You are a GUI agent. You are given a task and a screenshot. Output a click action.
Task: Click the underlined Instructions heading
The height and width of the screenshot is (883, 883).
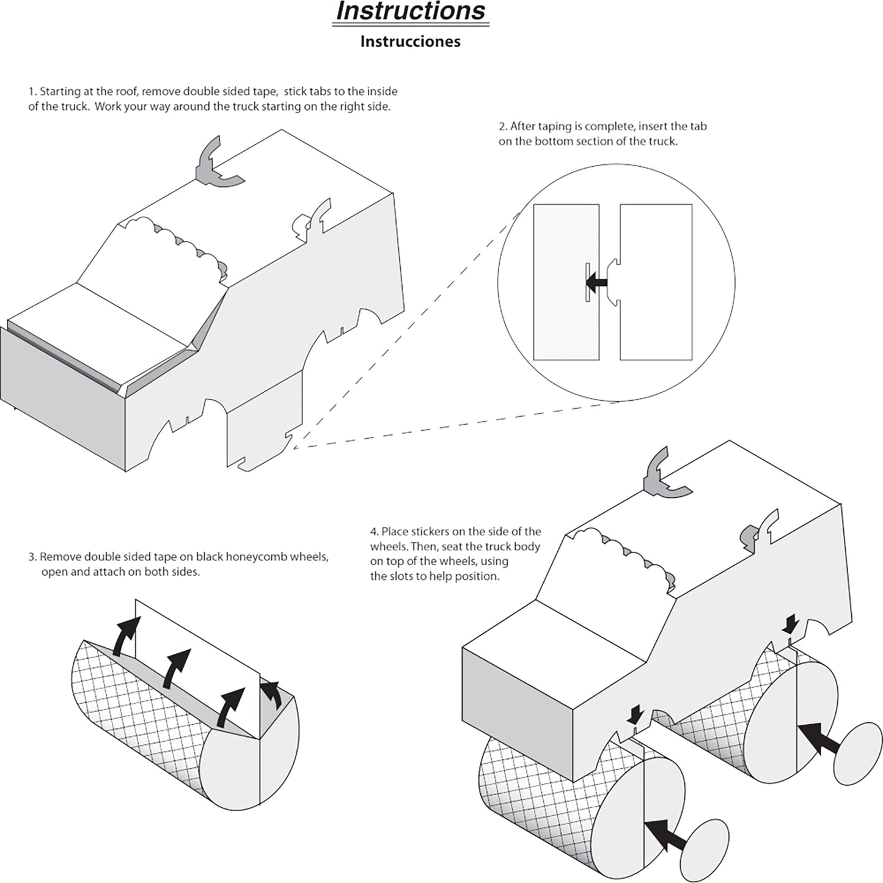pos(411,12)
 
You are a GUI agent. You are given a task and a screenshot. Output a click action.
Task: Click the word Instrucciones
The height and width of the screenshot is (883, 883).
pos(410,42)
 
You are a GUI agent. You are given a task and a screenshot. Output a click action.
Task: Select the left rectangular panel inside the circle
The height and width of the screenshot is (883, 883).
pos(566,282)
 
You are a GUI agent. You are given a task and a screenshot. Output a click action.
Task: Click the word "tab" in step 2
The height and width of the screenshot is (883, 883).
pos(699,127)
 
